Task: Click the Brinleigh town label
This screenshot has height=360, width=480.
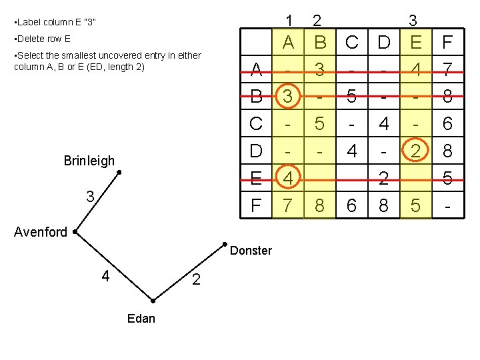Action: [89, 161]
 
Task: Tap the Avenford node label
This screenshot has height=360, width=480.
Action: [41, 232]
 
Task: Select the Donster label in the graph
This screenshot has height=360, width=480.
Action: [251, 251]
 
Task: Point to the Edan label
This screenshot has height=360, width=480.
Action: [141, 318]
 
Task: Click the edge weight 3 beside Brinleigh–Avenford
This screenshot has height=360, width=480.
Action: [89, 197]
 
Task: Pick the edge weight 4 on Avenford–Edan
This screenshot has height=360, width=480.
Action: [105, 275]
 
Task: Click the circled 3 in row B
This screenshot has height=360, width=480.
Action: [287, 97]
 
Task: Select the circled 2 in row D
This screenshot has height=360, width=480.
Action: [415, 151]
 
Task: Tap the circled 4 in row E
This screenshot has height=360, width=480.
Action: [287, 179]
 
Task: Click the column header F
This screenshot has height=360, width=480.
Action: [447, 43]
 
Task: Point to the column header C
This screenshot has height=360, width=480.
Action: [352, 43]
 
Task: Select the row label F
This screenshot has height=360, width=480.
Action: [256, 206]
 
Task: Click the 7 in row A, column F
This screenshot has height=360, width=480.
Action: [447, 69]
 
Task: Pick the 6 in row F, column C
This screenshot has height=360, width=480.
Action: [352, 206]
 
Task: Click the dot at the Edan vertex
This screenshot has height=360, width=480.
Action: [153, 301]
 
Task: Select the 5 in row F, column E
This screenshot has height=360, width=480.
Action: [415, 206]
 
